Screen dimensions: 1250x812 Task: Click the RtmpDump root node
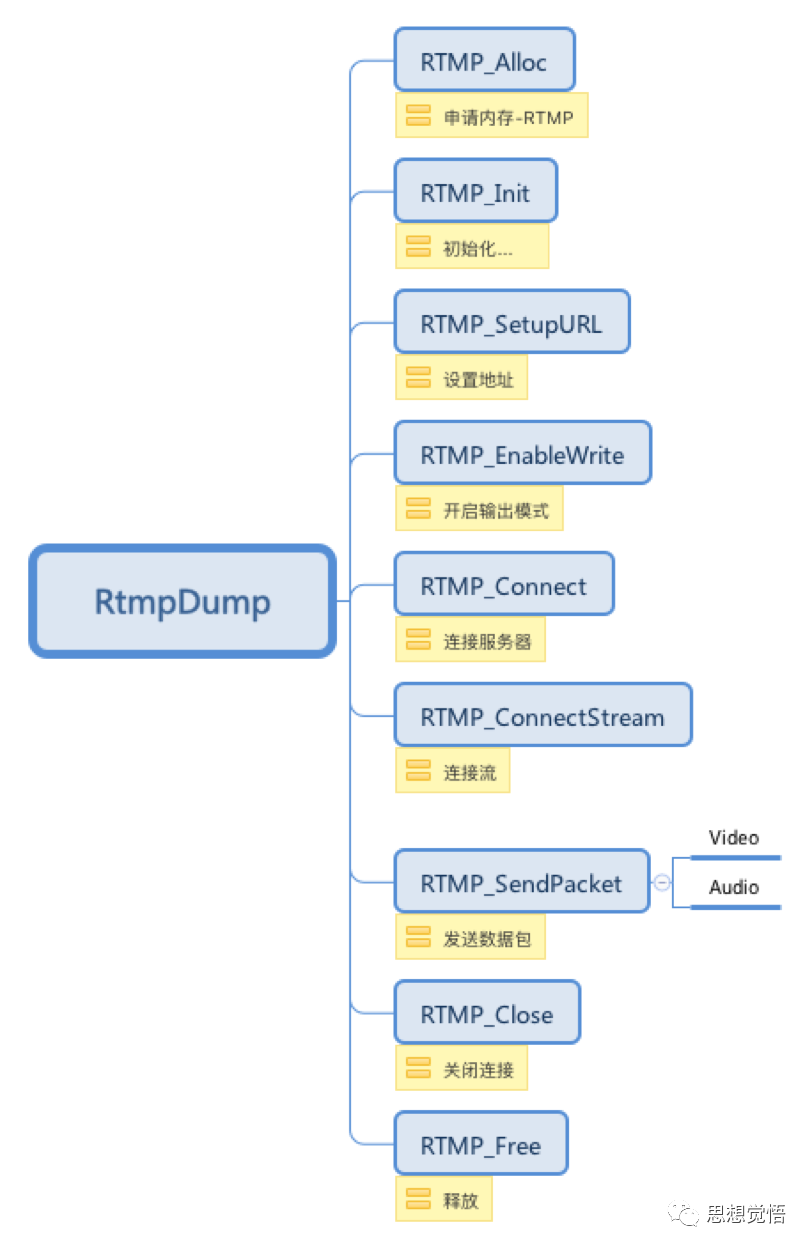pos(182,601)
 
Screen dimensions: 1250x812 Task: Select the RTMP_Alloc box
pos(484,61)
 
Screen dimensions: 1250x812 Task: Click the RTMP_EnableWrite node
pos(522,454)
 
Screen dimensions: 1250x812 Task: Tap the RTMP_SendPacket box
pos(521,881)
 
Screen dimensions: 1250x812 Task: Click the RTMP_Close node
pos(486,1013)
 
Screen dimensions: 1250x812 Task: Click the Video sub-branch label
pos(734,838)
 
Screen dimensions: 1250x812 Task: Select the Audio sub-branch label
pos(734,887)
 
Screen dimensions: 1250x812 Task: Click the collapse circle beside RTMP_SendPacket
pos(662,882)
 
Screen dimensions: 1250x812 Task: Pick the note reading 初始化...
pos(472,247)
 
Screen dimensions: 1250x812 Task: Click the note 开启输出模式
pos(479,510)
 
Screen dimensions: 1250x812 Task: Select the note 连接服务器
pos(470,641)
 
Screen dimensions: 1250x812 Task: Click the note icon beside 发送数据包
pos(418,937)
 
